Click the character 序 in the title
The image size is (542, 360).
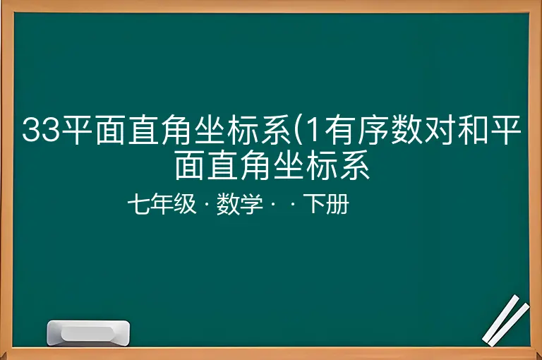(373, 130)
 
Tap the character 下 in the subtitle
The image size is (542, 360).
(315, 203)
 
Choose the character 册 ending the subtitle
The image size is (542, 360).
(338, 204)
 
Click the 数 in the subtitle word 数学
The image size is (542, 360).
(228, 204)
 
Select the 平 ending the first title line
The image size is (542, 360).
(505, 130)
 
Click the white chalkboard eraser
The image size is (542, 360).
(88, 332)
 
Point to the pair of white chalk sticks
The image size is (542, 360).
(506, 320)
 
